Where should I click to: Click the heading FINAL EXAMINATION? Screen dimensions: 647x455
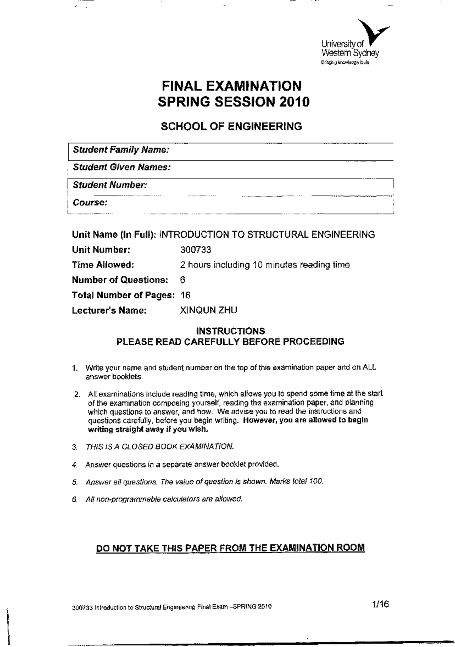(232, 86)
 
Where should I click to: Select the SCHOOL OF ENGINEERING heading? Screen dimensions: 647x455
(231, 126)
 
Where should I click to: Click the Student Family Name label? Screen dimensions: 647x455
(121, 150)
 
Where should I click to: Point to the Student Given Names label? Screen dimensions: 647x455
(121, 167)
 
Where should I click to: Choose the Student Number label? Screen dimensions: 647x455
(110, 185)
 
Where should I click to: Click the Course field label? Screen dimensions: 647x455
(90, 202)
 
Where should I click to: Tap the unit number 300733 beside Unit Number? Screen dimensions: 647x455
(196, 250)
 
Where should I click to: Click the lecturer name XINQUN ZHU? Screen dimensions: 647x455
(208, 310)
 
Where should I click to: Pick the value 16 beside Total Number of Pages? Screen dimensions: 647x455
(185, 295)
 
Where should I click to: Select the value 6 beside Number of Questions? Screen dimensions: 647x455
(182, 280)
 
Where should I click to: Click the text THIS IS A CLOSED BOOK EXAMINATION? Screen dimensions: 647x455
(160, 446)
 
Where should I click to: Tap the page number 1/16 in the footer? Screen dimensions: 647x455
(381, 605)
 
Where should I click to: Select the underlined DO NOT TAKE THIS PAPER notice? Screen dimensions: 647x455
(231, 548)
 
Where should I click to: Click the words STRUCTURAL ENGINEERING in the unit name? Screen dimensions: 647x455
(311, 235)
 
